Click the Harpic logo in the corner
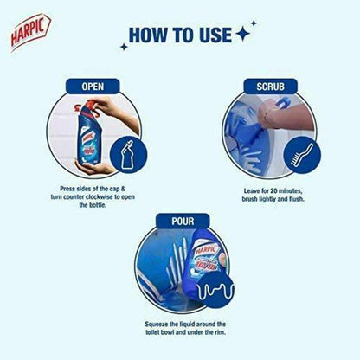pos(29,32)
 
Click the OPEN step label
pos(93,87)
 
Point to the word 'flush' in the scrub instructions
pos(292,196)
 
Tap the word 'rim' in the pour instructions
pos(219,331)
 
